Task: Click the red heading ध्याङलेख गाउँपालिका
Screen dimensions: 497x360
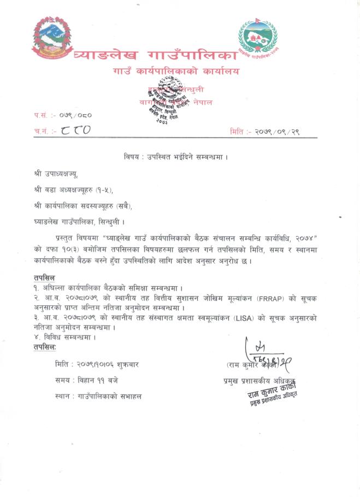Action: (156, 55)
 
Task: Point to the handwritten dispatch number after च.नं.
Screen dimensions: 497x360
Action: (76, 130)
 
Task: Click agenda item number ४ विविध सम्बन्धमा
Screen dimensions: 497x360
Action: (63, 336)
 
